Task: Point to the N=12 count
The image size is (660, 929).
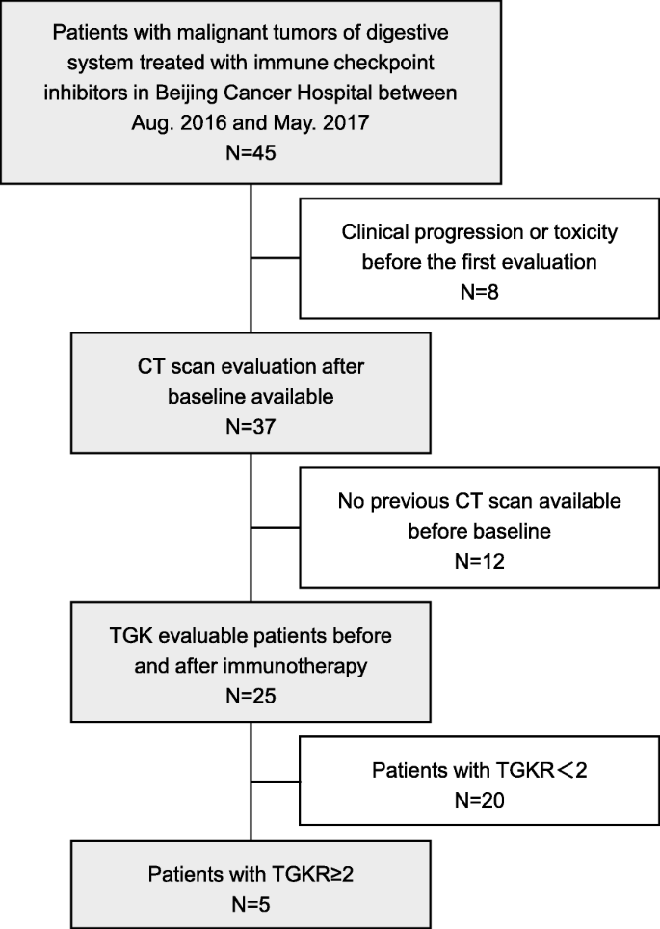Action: [x=479, y=556]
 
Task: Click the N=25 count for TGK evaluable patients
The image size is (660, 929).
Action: [x=251, y=691]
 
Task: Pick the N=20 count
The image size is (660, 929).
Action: [x=479, y=799]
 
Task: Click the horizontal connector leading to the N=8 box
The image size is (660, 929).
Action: [x=276, y=258]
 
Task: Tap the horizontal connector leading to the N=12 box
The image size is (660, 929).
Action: [x=276, y=528]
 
